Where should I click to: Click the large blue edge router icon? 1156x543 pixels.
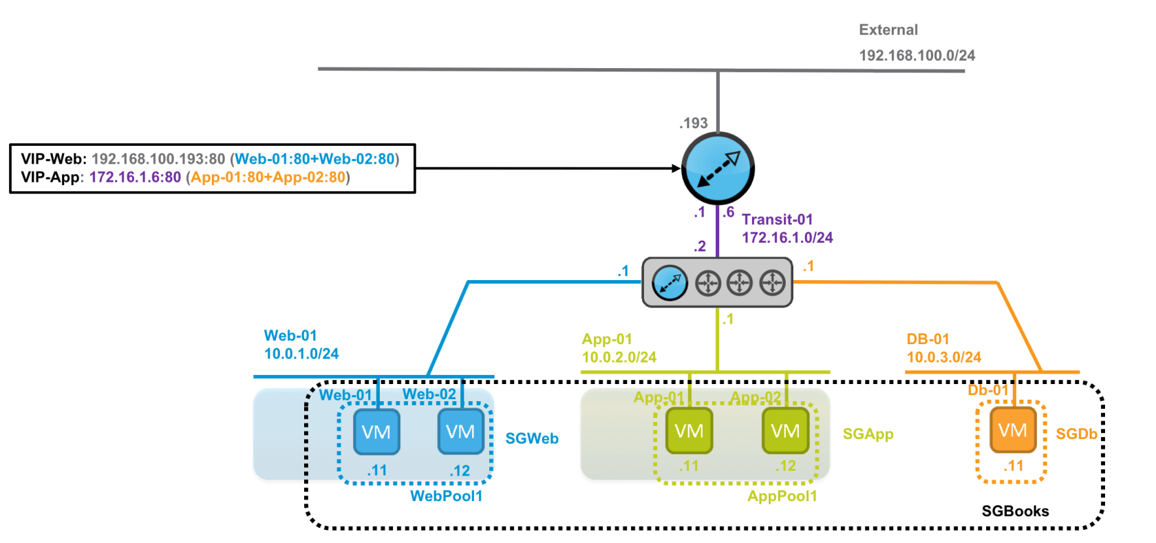pos(718,169)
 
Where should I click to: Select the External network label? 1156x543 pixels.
pos(888,30)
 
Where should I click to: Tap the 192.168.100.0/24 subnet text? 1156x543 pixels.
pos(917,55)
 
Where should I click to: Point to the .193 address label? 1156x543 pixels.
pos(694,123)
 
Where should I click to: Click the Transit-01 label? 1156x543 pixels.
pos(777,220)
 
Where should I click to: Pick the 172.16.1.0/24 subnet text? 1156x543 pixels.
pos(786,237)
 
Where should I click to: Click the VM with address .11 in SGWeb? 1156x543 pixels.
pos(376,432)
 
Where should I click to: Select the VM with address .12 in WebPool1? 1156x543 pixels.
pos(460,432)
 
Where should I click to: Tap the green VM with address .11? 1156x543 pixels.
pos(689,431)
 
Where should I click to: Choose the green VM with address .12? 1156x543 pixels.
pos(785,431)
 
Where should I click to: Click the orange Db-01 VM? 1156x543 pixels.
pos(1012,430)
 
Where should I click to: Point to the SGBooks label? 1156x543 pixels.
pos(1015,511)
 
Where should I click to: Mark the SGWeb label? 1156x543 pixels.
pos(532,438)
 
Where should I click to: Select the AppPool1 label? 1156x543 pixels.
pos(782,496)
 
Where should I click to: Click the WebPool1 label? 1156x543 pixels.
pos(446,496)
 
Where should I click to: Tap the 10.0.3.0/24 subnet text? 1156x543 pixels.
pos(943,357)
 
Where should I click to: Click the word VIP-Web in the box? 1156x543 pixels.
pos(52,159)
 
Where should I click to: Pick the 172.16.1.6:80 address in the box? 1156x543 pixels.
pos(135,177)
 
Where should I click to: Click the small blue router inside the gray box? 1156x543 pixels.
pos(669,283)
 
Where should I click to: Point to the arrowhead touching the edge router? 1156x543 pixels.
pos(676,168)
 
